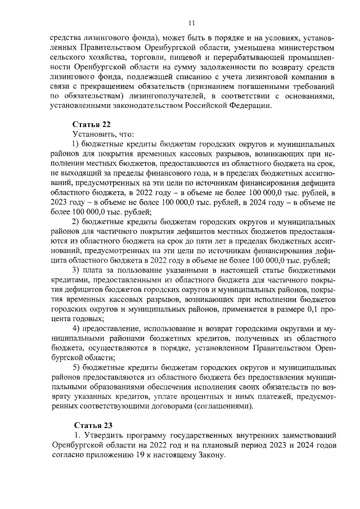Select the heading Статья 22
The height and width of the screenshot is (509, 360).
[91, 124]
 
